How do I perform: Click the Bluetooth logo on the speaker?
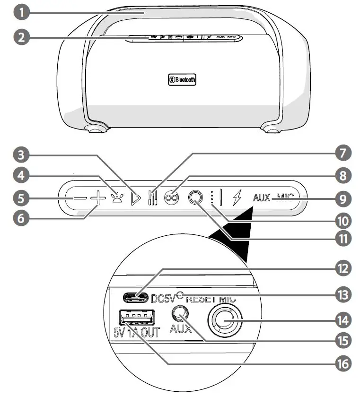pyautogui.click(x=183, y=80)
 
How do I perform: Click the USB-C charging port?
pyautogui.click(x=136, y=297)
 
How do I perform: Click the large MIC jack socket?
pyautogui.click(x=224, y=322)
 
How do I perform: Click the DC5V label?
pyautogui.click(x=163, y=298)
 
